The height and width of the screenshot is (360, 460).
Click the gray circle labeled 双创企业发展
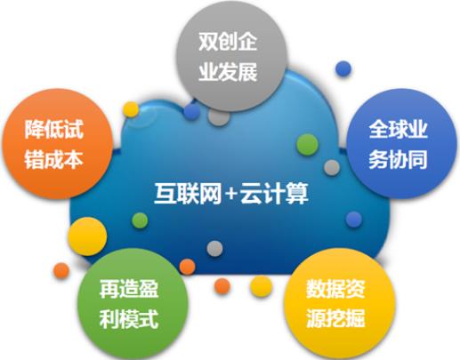[x=232, y=56]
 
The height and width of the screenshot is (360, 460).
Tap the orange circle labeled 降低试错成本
[x=57, y=144]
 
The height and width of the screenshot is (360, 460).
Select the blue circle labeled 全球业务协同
[x=402, y=144]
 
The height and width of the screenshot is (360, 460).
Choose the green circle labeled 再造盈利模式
[x=133, y=304]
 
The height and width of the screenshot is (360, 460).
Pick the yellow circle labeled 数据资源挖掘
[x=340, y=304]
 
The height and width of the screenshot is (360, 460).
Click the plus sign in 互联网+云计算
[x=231, y=194]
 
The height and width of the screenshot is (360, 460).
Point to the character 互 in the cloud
[x=165, y=194]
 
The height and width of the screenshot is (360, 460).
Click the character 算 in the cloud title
[x=297, y=194]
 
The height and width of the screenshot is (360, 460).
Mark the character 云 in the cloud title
[x=252, y=194]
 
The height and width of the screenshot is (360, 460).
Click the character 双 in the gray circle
[x=208, y=41]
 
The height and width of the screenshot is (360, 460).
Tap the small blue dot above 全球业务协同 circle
[x=343, y=68]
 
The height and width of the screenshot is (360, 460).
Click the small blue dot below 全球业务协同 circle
[x=354, y=220]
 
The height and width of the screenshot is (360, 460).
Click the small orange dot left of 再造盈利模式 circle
[x=61, y=270]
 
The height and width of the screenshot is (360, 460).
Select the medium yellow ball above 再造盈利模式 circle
[x=87, y=236]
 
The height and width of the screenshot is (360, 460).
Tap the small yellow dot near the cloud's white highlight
[x=131, y=109]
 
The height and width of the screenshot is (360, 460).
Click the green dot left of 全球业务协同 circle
[x=307, y=145]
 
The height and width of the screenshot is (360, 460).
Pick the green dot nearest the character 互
[x=140, y=220]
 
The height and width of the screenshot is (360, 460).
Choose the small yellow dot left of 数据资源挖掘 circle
[x=261, y=286]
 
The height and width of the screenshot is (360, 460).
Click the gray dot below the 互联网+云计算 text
[x=214, y=248]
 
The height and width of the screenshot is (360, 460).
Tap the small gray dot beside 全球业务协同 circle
[x=332, y=168]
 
